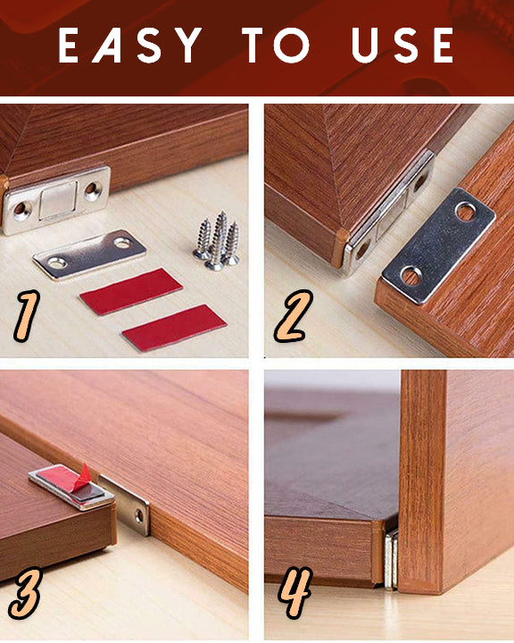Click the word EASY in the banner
click(130, 46)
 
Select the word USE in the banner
click(402, 46)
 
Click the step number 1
click(27, 315)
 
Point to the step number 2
click(293, 316)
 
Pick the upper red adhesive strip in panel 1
click(131, 291)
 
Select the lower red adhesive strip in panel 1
click(174, 328)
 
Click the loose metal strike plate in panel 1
click(90, 255)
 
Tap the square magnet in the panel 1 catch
click(58, 200)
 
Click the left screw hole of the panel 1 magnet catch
click(21, 209)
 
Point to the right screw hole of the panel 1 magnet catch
click(93, 189)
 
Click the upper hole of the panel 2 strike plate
click(466, 212)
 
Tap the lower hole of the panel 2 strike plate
click(411, 276)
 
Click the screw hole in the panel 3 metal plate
click(139, 516)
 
